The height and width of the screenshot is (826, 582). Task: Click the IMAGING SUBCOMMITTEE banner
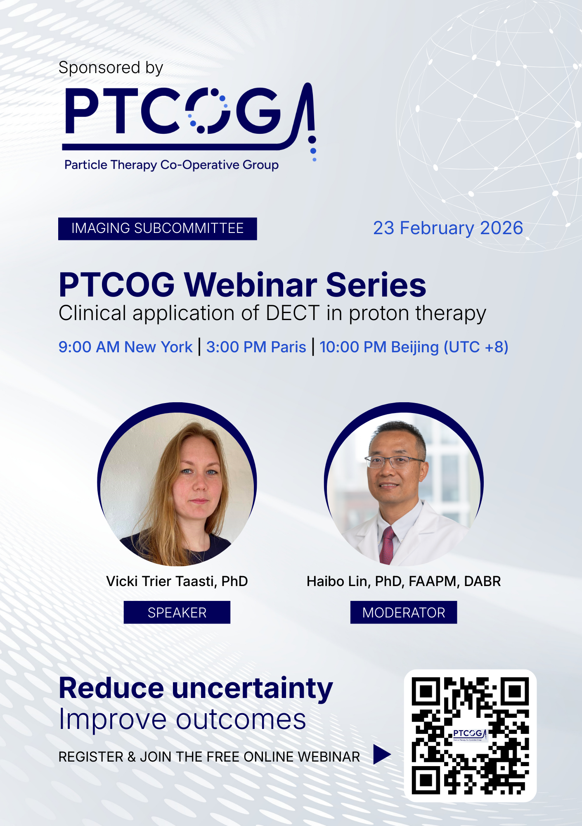(157, 228)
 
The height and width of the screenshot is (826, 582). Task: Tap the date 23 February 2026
(448, 228)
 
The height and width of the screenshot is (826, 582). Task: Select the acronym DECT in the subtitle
(293, 313)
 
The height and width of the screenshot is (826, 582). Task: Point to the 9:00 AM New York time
(125, 347)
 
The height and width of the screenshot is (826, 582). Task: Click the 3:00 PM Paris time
(256, 347)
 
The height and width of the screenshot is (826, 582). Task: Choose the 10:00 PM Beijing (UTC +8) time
(414, 347)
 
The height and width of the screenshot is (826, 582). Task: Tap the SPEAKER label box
(177, 612)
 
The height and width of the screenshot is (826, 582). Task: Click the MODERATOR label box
(404, 612)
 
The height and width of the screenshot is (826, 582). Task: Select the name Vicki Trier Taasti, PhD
(177, 581)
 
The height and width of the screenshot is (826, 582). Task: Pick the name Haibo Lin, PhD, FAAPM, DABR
(404, 581)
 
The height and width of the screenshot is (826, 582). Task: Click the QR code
(470, 736)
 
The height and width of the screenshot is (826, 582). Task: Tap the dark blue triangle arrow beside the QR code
(381, 755)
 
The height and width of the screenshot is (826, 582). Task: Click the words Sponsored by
(111, 68)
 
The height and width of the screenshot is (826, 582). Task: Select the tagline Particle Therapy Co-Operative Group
(171, 165)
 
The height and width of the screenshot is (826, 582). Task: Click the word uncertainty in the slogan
(252, 689)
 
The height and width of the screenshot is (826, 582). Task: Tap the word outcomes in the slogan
(241, 720)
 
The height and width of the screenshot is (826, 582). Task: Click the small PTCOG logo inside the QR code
(470, 735)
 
